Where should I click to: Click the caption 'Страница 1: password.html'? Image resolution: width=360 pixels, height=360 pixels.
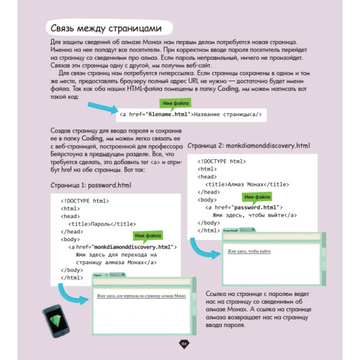91,185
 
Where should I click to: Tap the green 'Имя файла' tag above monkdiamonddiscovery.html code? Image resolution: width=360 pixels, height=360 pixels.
146,236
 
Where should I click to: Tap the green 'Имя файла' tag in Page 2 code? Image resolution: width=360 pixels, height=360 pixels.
258,197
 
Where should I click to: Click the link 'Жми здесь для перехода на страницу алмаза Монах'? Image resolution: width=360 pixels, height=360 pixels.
141,297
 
